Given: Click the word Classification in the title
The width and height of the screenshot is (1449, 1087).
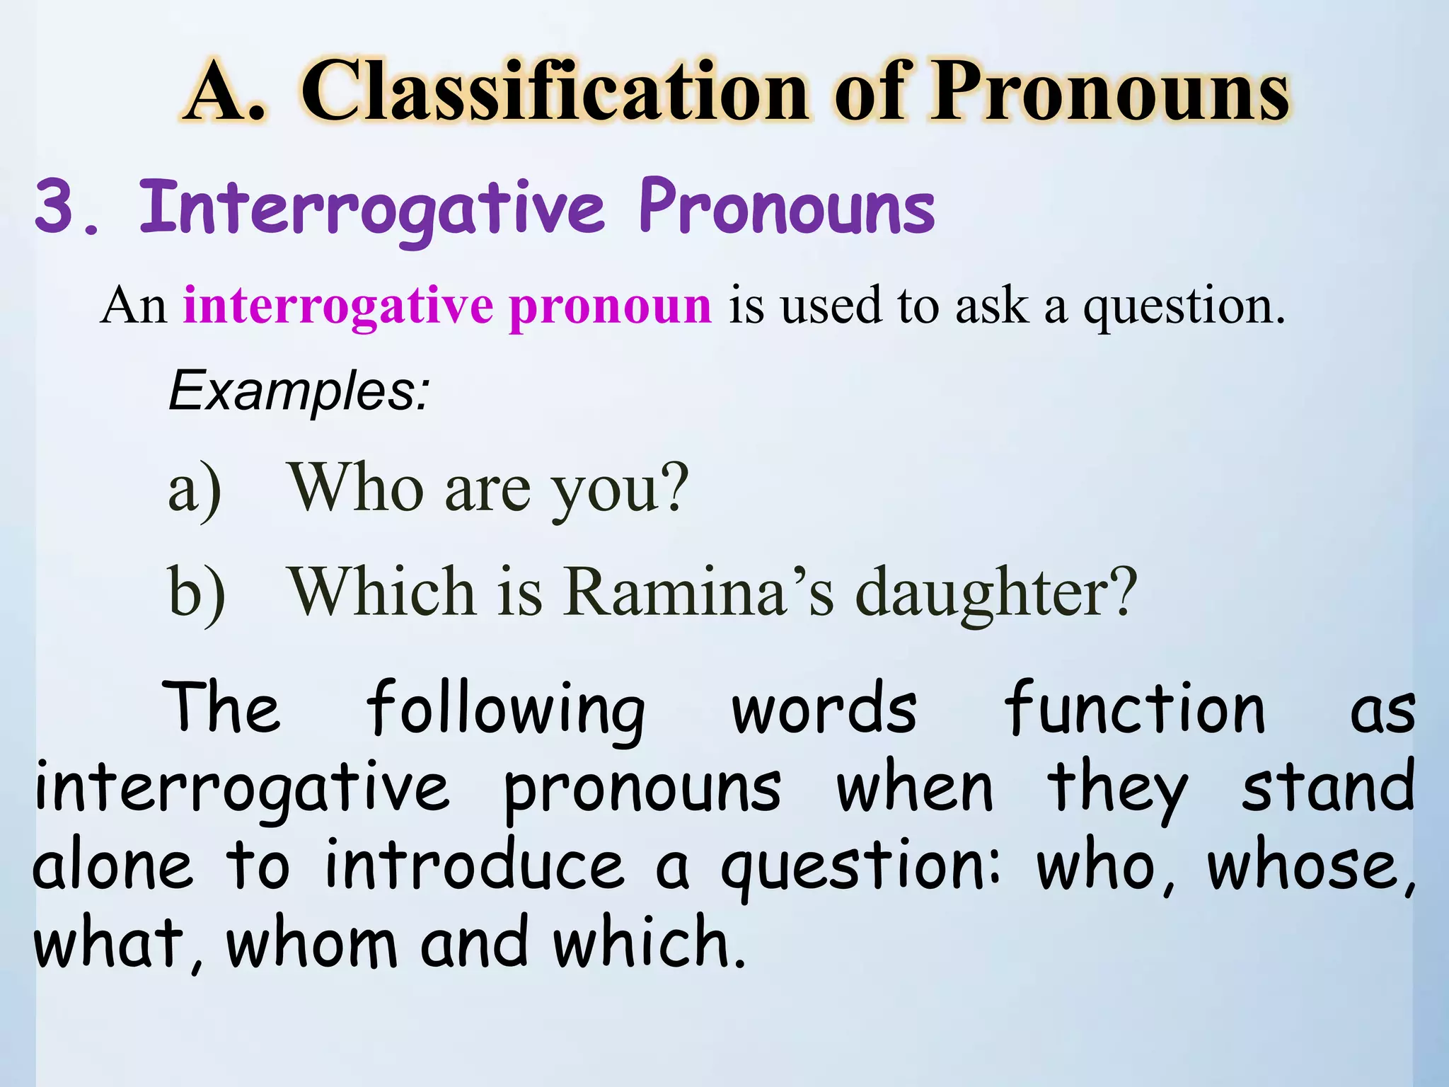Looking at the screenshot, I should tap(555, 92).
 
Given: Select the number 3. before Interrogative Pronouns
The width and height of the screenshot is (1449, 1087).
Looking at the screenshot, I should tap(67, 207).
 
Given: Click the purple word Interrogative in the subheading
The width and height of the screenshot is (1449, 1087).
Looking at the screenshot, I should tap(372, 207).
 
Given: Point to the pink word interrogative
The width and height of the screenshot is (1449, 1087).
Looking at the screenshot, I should tap(338, 306).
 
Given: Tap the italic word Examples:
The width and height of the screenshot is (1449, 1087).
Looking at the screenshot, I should tap(299, 391).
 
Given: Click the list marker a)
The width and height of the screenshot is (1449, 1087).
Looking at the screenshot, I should tap(195, 489).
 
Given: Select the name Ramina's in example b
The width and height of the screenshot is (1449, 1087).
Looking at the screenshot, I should tap(700, 592).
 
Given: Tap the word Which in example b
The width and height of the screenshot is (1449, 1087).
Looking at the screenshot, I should tap(381, 592).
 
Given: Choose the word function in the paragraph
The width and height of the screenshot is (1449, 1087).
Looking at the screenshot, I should tap(1135, 708).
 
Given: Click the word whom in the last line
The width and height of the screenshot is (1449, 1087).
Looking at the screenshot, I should tap(311, 943).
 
